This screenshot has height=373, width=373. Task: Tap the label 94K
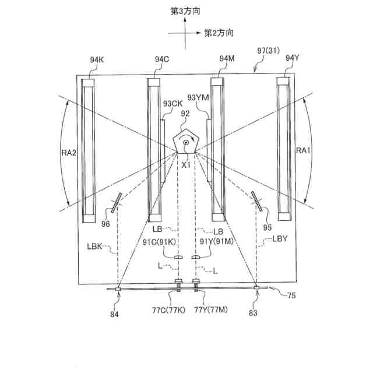[97, 59]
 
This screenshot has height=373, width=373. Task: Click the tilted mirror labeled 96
[117, 202]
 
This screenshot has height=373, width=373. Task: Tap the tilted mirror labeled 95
[257, 202]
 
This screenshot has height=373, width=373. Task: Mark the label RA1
[302, 151]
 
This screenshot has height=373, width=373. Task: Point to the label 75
[291, 296]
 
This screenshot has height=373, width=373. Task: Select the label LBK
[97, 247]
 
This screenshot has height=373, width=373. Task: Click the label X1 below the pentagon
[186, 165]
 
